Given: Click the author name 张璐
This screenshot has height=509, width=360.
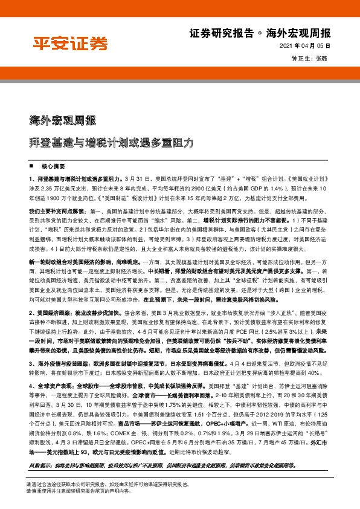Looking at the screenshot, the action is tap(322, 59).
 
